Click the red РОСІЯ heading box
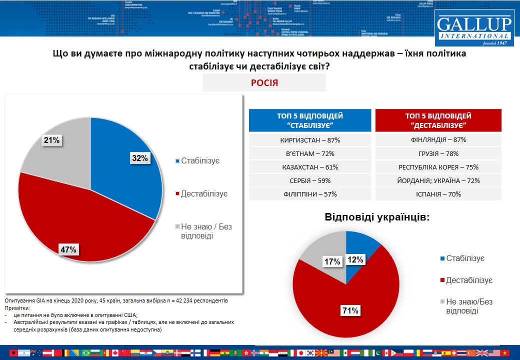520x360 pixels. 264,83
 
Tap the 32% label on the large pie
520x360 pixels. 140,158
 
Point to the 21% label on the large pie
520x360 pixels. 51,140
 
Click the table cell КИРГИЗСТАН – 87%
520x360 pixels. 310,140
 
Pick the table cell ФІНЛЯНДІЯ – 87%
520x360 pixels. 438,140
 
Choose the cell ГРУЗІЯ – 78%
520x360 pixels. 438,154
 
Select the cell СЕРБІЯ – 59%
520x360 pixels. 310,180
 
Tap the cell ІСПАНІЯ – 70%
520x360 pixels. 438,194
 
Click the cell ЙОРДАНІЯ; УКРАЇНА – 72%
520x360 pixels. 438,180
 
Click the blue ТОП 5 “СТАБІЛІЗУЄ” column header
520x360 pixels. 310,120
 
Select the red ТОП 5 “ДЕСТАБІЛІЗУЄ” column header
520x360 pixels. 438,120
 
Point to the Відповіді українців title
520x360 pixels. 377,218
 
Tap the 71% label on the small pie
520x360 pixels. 350,310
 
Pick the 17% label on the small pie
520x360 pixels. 332,261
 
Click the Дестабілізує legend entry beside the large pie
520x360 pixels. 200,193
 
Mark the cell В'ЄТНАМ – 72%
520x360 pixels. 310,154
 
